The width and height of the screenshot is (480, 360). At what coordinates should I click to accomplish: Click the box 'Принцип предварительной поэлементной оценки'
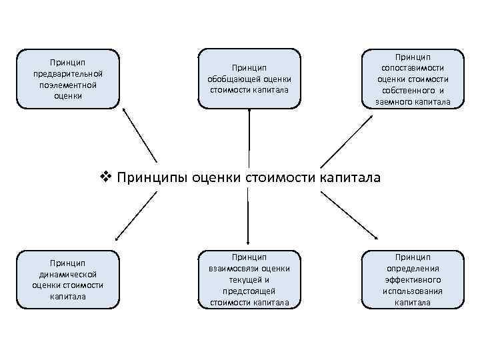68,79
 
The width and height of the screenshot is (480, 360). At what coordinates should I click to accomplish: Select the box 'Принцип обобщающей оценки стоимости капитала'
249,79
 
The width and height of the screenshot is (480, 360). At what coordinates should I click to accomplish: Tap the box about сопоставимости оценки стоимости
413,79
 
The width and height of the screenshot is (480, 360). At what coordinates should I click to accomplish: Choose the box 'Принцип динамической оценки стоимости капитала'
68,279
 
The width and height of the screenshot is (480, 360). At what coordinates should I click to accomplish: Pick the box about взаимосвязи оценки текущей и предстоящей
249,279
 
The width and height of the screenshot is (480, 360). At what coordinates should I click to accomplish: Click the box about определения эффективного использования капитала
413,279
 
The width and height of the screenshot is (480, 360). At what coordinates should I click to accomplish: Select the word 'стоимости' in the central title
280,177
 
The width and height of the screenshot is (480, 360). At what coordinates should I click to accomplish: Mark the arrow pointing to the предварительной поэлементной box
140,136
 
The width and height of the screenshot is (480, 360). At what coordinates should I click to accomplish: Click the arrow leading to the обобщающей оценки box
249,137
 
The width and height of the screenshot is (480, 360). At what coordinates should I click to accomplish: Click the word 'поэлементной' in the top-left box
68,85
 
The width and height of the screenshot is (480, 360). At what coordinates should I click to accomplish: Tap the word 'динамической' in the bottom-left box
68,274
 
